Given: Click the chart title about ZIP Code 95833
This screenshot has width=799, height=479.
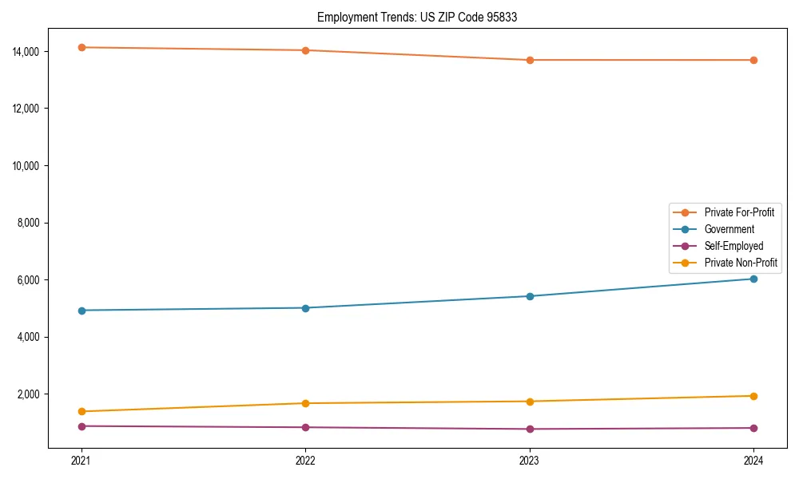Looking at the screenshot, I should (417, 17).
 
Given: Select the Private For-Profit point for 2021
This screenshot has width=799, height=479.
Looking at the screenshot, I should (81, 47).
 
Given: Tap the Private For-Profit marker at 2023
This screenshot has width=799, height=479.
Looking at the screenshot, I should (530, 60).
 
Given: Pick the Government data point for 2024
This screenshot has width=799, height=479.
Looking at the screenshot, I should (753, 279).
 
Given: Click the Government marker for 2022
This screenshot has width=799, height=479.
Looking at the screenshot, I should (306, 307).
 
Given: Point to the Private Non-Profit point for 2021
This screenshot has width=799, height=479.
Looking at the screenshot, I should (81, 411).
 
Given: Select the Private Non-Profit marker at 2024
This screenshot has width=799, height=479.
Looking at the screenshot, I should (753, 396).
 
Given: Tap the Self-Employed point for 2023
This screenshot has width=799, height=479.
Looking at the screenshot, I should (530, 429).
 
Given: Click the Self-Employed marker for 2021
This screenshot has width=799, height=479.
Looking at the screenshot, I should (81, 426).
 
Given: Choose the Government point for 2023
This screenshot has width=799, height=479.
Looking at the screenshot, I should (530, 296).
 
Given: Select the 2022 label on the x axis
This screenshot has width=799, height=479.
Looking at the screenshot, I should (306, 460).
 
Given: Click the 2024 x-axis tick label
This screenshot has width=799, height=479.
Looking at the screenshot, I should (753, 460).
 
